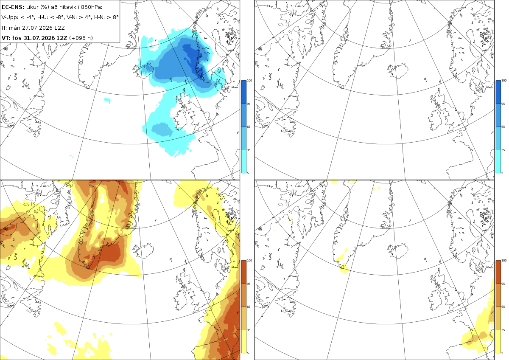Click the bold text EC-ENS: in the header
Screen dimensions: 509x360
(x=13, y=7)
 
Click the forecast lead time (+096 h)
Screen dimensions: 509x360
(x=81, y=38)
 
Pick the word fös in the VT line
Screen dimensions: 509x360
(x=17, y=38)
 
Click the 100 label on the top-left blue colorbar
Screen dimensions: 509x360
(x=249, y=81)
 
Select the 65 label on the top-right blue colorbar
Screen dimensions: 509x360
(x=503, y=127)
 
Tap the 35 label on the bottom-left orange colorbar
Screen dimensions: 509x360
(x=249, y=330)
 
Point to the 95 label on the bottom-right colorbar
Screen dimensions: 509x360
(x=503, y=284)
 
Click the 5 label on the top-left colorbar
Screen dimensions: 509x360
(x=248, y=173)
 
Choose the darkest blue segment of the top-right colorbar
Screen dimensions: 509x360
(x=498, y=92)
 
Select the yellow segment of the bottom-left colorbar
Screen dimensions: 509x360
(x=243, y=341)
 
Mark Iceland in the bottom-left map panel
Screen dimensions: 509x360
(x=144, y=250)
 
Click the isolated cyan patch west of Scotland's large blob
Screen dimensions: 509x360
(x=107, y=100)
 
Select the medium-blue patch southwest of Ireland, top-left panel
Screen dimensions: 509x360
(x=162, y=129)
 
